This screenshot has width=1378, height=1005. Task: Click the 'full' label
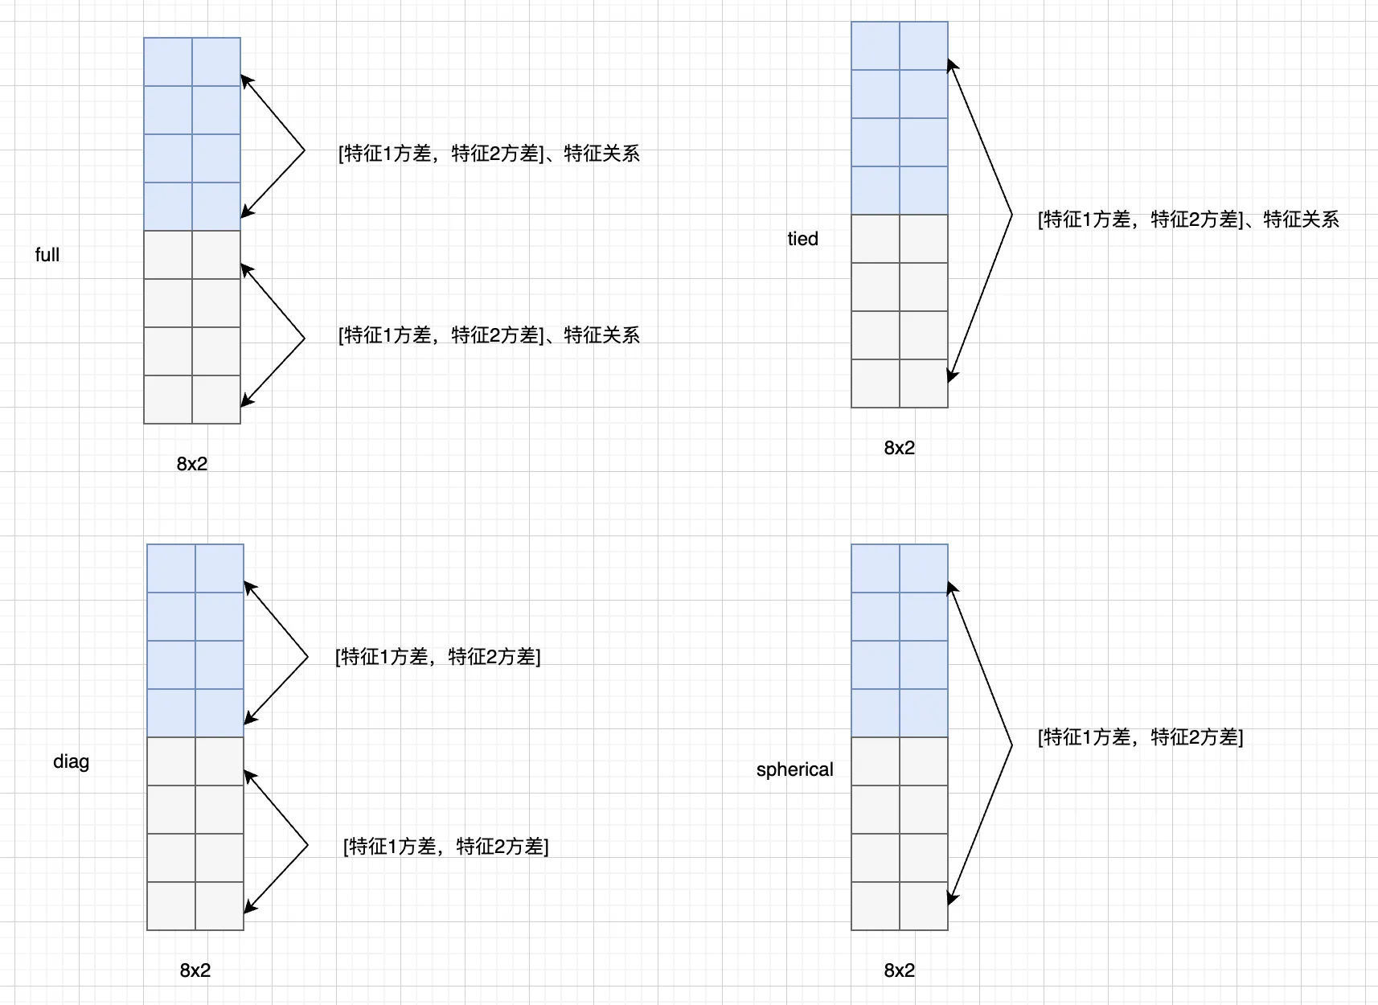(47, 255)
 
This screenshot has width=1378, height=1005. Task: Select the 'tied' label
(803, 239)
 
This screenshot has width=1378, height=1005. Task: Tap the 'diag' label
(72, 761)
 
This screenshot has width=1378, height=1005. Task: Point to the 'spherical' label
(795, 769)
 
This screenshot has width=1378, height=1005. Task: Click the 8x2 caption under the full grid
(192, 464)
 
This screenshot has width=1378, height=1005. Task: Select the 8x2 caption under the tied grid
(900, 448)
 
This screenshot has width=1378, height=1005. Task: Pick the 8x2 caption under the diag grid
(195, 970)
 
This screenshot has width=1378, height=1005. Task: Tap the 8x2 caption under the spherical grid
(900, 970)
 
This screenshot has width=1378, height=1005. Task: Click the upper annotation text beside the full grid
(489, 153)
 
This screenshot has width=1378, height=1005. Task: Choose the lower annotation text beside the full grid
(489, 335)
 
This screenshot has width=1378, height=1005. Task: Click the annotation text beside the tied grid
(1188, 219)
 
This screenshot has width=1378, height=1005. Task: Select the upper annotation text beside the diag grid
(438, 657)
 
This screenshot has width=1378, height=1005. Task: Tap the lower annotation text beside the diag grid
(446, 847)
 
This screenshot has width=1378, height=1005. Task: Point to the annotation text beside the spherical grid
(1141, 736)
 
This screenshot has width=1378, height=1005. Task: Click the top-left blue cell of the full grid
(168, 61)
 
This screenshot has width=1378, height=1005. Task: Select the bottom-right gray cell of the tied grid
(924, 384)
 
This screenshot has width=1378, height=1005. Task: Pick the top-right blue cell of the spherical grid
(924, 568)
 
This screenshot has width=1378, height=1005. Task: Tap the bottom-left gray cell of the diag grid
(171, 906)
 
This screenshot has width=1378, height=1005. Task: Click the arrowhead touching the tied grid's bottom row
(952, 375)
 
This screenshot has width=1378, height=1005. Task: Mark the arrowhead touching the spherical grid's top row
(952, 589)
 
